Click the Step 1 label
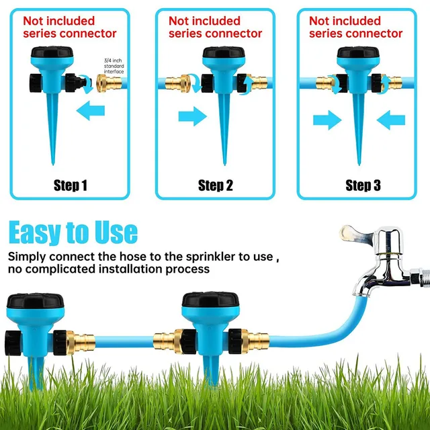71,185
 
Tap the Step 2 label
216,185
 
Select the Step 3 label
363,185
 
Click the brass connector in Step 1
108,83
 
